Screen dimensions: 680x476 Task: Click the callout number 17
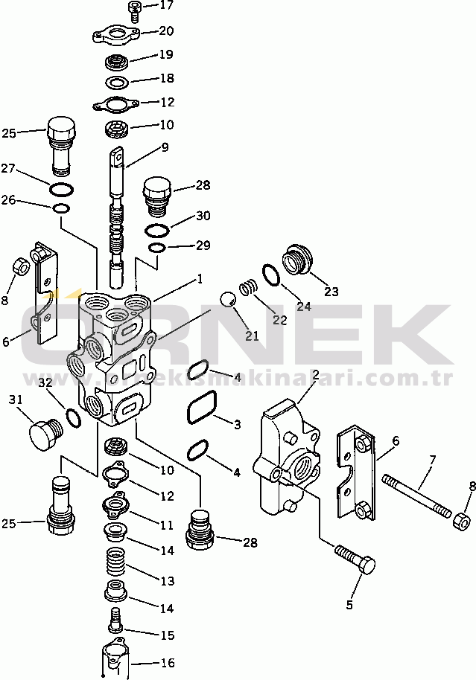pos(166,5)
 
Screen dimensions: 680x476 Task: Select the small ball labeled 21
pos(229,299)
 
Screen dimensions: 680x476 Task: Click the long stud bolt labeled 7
pos(417,495)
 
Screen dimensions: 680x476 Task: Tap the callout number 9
pos(165,148)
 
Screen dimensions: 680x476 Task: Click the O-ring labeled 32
pos(73,418)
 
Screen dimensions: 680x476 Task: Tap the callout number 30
pos(203,216)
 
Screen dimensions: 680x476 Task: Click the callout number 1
pos(199,280)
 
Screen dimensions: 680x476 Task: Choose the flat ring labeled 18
pos(118,80)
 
